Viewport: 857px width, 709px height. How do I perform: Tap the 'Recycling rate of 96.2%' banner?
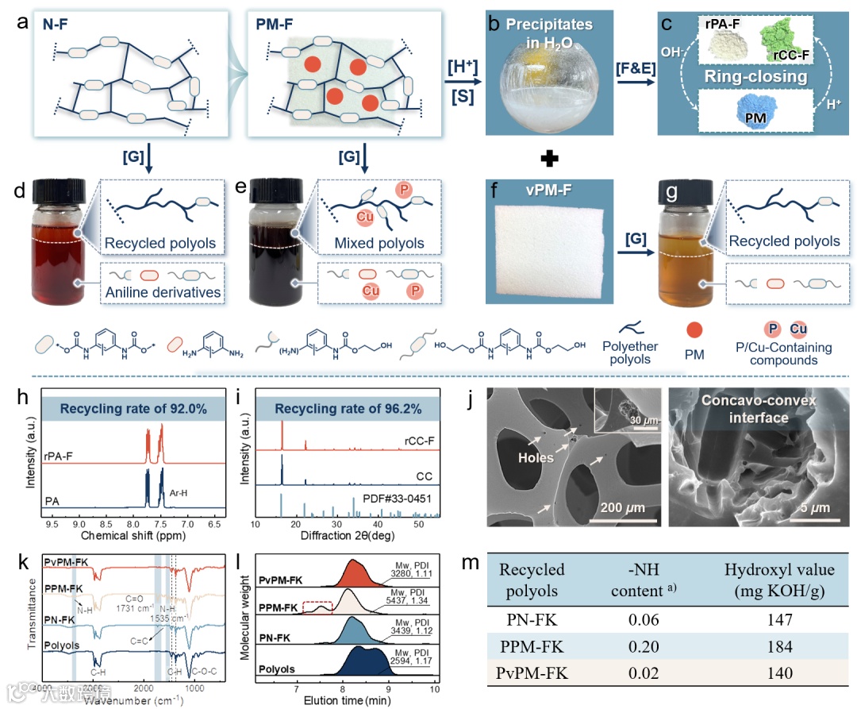[347, 409]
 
